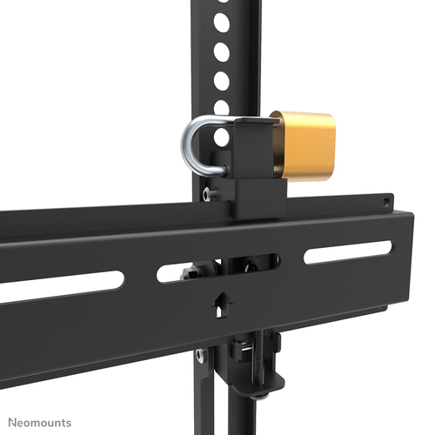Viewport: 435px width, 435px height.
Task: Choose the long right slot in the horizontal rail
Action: click(348, 253)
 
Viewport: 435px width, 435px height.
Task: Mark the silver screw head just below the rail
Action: click(201, 353)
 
